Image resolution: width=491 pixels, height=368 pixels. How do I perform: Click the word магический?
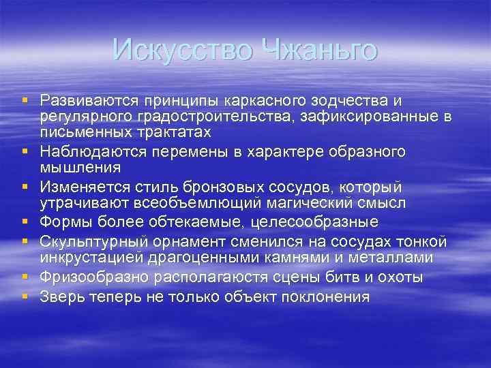point(306,202)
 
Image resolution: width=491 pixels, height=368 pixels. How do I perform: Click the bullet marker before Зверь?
point(25,296)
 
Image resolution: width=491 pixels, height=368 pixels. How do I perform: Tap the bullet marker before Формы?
point(25,221)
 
